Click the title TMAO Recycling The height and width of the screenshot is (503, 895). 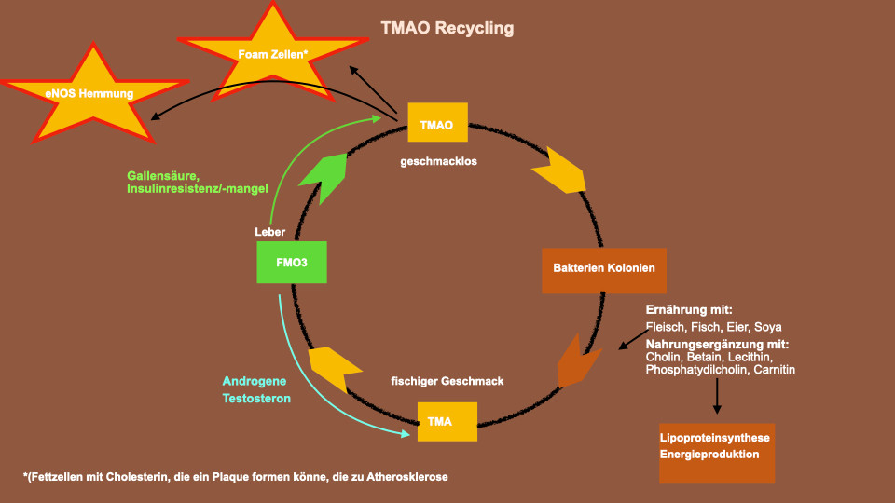(x=447, y=28)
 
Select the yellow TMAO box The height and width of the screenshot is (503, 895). (x=438, y=122)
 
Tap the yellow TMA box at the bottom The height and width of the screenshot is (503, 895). (x=447, y=421)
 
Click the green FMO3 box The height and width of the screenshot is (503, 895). (x=292, y=263)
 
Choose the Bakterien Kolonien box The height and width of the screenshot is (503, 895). (x=604, y=271)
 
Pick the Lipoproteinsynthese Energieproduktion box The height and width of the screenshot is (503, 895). (x=717, y=454)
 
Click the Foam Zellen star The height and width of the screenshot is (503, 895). (x=273, y=54)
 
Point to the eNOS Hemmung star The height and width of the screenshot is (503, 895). (x=93, y=94)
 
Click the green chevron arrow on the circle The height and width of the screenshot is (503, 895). (x=325, y=177)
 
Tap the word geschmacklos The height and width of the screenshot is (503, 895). (x=438, y=161)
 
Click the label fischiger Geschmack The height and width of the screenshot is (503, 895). (x=447, y=381)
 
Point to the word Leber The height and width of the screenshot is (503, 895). (x=269, y=232)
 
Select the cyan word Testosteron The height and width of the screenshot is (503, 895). (x=256, y=398)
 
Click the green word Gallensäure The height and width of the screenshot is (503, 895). (x=163, y=176)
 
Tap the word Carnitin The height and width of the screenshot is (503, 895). (x=774, y=370)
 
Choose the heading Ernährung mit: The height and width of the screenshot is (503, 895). (x=689, y=309)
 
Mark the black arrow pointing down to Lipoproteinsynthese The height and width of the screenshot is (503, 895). (x=717, y=396)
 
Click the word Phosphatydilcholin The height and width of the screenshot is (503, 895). (x=697, y=370)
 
